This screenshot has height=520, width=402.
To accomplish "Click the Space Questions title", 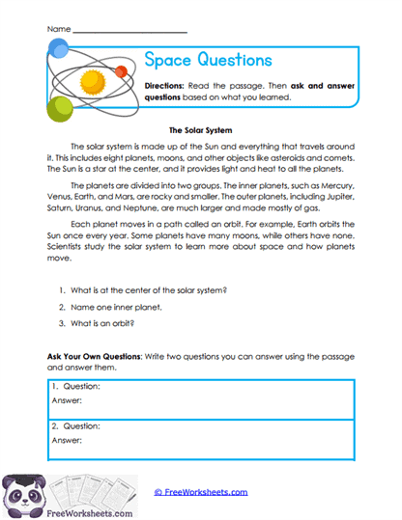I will pos(208,60).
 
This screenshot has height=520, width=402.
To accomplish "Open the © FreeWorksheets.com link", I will pos(200,491).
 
